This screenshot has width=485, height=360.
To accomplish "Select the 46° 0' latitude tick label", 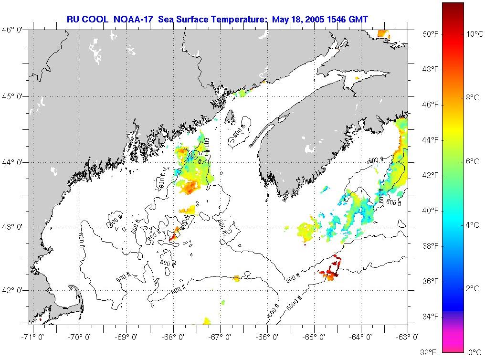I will [x=14, y=30].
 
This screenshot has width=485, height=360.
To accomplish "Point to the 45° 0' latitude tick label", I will [x=14, y=96].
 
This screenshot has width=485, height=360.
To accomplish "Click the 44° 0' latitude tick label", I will [x=14, y=162].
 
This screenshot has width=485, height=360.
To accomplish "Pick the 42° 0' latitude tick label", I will [x=14, y=290].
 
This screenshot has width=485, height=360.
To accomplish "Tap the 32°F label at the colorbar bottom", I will [x=428, y=352].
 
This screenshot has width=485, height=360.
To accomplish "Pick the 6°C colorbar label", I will [x=473, y=161].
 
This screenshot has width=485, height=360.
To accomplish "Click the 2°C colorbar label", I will [x=473, y=288].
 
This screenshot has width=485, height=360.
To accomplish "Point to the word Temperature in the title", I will [x=240, y=19].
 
